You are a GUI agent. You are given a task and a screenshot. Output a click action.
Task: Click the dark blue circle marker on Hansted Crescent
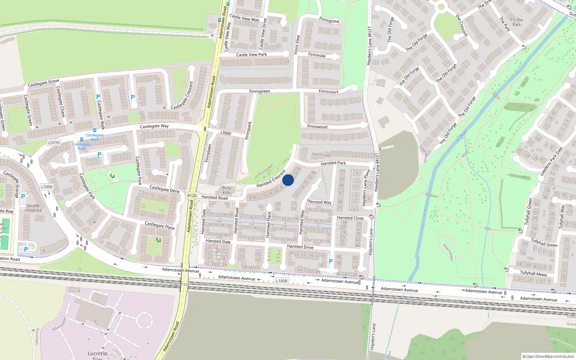coord(288,180)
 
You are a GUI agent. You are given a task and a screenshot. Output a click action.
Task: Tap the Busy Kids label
coord(226,190)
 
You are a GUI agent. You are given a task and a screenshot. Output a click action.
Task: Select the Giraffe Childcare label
coord(33,208)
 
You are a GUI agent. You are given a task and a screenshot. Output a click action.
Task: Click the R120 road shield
coord(192,196)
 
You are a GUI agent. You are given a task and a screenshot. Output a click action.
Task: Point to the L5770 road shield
coord(54,143)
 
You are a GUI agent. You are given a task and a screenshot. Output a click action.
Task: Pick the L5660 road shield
coord(226,133)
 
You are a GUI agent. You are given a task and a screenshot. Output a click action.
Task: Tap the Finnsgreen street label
coord(260,91)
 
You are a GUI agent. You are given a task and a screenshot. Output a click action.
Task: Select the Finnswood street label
coord(317,127)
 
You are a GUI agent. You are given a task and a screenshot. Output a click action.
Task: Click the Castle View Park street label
coord(251,55)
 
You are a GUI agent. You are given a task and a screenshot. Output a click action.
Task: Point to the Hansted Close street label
coord(350,218)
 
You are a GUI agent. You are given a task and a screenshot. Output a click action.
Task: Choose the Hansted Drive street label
coord(300,247)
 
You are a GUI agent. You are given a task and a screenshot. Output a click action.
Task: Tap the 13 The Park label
coord(517,22)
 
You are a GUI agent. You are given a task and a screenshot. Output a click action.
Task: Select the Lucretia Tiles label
coord(98,355)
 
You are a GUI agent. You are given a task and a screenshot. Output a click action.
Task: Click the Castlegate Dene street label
coord(164,189)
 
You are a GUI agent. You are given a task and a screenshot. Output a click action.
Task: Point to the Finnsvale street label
coord(317,55)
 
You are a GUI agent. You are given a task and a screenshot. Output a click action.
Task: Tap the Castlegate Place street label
coord(159,226)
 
